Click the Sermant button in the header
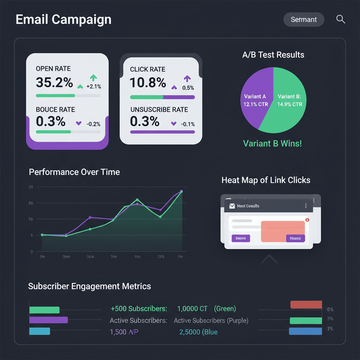[x=304, y=20]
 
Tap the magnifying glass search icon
[x=340, y=19]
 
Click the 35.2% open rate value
[x=54, y=83]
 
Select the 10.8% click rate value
[x=148, y=83]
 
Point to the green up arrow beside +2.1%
[x=93, y=78]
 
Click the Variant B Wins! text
[x=272, y=143]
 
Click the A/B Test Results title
[x=273, y=55]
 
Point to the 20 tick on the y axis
[x=31, y=187]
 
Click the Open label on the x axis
[x=66, y=257]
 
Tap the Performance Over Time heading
[x=74, y=172]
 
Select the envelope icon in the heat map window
[x=232, y=206]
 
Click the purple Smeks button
[x=241, y=238]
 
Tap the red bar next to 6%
[x=306, y=305]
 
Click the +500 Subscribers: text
[x=139, y=309]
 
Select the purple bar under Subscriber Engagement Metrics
[x=49, y=320]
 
